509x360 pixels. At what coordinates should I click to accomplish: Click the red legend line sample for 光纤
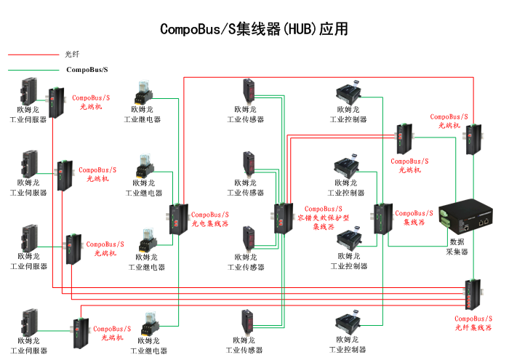(x=32, y=54)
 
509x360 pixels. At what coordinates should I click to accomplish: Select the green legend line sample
(x=32, y=70)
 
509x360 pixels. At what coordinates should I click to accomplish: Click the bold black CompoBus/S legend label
(x=87, y=70)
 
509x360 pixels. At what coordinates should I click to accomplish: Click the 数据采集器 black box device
(x=466, y=215)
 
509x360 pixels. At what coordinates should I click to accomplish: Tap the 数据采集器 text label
(x=457, y=247)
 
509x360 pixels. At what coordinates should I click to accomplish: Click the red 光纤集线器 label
(x=473, y=323)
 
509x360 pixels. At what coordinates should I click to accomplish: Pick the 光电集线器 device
(x=177, y=220)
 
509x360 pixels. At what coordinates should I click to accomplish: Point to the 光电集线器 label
(x=209, y=220)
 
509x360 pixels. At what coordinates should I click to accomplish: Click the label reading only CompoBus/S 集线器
(x=414, y=218)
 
